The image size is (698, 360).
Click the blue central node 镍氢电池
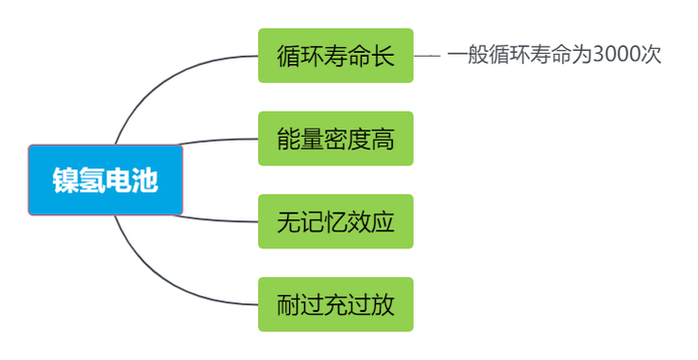pyautogui.click(x=106, y=180)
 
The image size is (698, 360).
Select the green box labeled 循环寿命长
pyautogui.click(x=335, y=56)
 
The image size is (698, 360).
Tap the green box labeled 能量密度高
pyautogui.click(x=335, y=139)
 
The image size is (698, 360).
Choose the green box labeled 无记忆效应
pyautogui.click(x=335, y=221)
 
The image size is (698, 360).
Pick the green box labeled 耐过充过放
pyautogui.click(x=335, y=304)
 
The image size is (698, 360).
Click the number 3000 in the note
pyautogui.click(x=614, y=56)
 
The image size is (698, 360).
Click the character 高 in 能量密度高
pyautogui.click(x=382, y=139)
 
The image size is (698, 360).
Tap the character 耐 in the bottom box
pyautogui.click(x=288, y=304)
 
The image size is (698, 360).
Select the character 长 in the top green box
pyautogui.click(x=382, y=56)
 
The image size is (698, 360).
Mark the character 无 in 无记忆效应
pyautogui.click(x=288, y=221)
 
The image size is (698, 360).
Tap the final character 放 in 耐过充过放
pyautogui.click(x=382, y=304)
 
